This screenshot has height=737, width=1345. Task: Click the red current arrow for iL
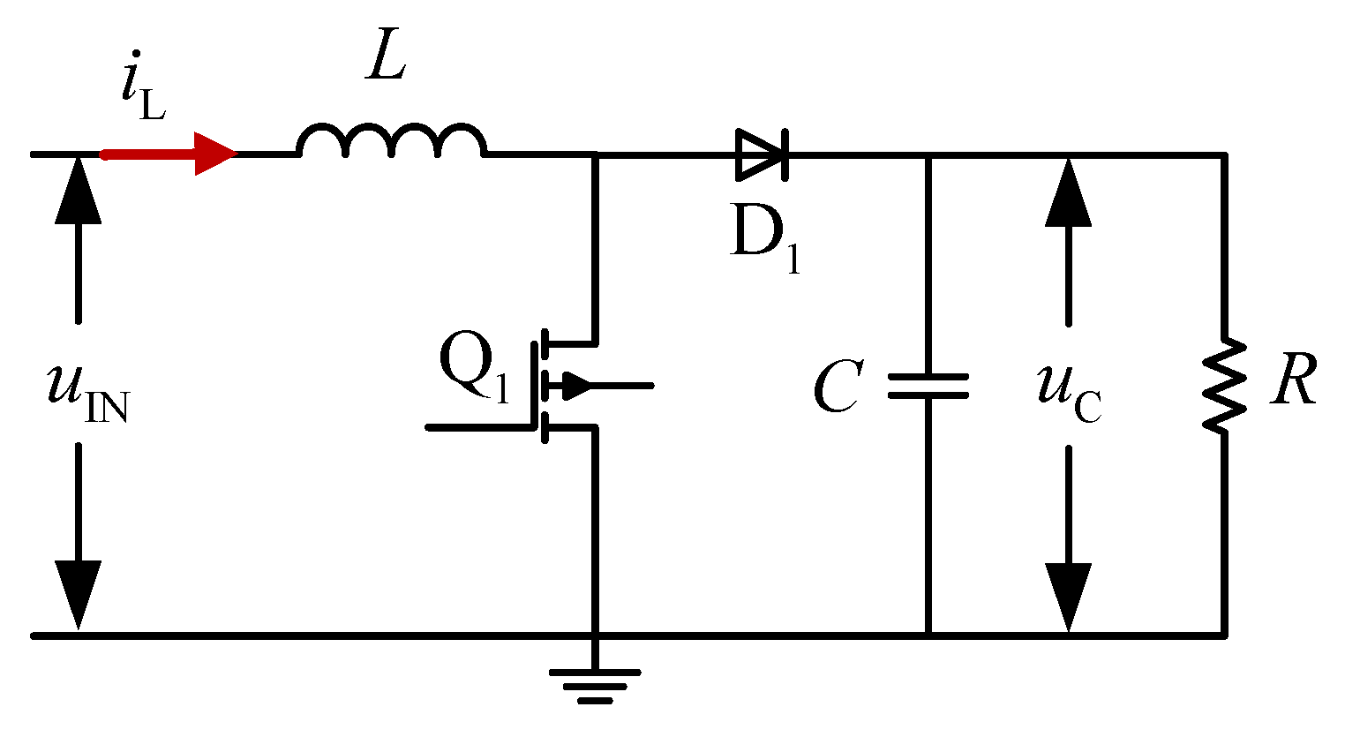pyautogui.click(x=168, y=154)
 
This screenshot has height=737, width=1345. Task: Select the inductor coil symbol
pyautogui.click(x=391, y=141)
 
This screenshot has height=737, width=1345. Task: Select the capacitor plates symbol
pyautogui.click(x=928, y=386)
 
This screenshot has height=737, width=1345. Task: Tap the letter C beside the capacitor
pyautogui.click(x=837, y=387)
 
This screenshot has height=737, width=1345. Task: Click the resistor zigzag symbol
pyautogui.click(x=1224, y=386)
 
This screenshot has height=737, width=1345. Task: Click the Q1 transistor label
pyautogui.click(x=474, y=369)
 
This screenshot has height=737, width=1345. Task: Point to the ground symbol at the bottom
pyautogui.click(x=595, y=684)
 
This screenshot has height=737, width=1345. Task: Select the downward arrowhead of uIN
pyautogui.click(x=79, y=596)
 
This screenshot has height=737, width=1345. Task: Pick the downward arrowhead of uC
pyautogui.click(x=1069, y=596)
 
